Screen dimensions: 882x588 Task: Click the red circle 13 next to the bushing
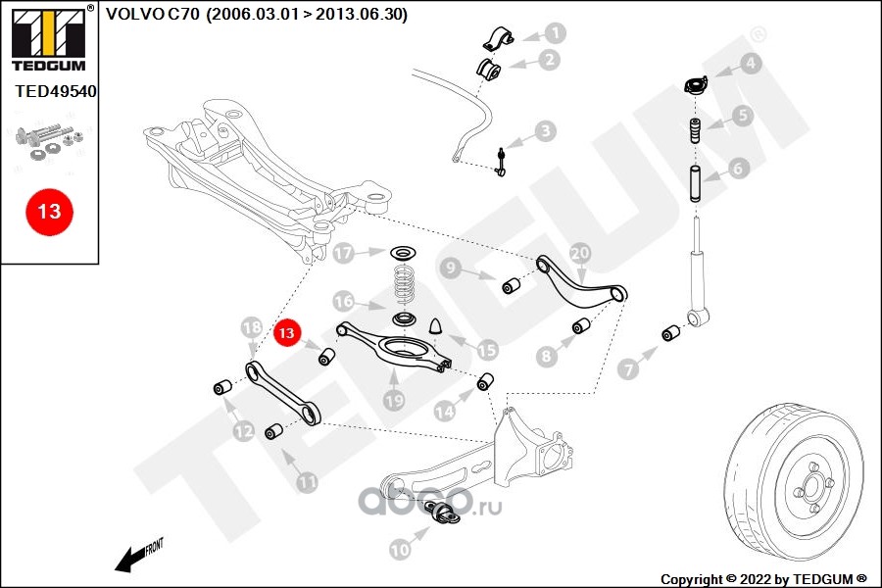[287, 333]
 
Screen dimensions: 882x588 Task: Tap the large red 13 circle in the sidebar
[50, 212]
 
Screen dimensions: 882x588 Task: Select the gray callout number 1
[556, 33]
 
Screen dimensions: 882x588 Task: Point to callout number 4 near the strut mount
[751, 63]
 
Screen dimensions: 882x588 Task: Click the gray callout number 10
[400, 549]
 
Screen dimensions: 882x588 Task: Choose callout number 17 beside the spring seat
[343, 253]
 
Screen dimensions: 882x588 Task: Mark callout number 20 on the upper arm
[580, 253]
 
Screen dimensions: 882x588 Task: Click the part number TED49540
[55, 91]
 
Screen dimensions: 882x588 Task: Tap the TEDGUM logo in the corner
[49, 38]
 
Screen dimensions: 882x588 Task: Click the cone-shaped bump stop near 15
[436, 326]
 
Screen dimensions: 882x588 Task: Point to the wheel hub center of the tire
[812, 487]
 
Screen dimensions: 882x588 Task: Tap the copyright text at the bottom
[763, 579]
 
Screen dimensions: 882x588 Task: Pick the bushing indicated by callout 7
[670, 333]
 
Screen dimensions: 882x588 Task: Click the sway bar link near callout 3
[500, 162]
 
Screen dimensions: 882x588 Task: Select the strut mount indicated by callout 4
[696, 85]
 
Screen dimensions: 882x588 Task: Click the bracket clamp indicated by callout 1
[498, 37]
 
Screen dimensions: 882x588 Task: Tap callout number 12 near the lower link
[244, 431]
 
